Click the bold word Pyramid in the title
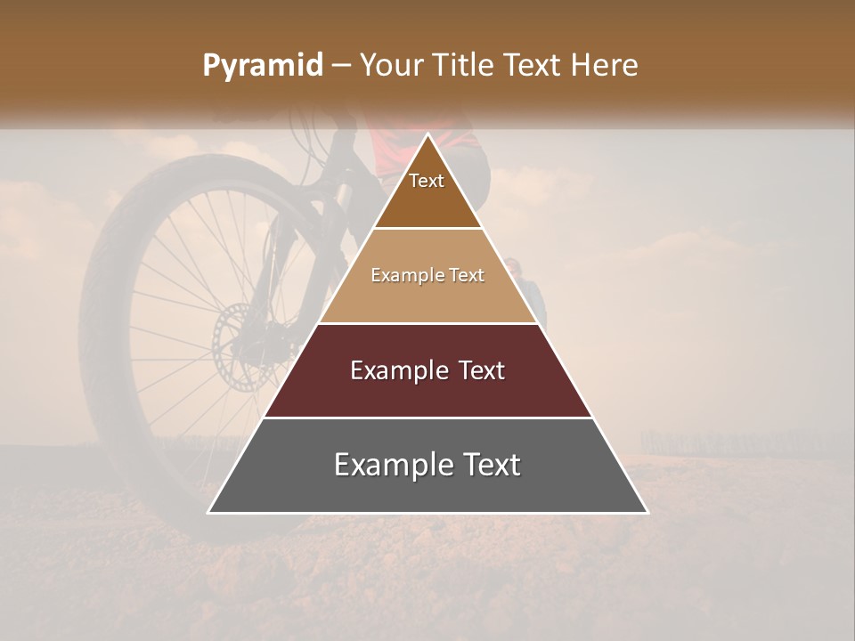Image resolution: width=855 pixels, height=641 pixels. click(x=262, y=66)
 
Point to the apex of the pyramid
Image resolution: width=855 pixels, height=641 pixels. click(x=428, y=136)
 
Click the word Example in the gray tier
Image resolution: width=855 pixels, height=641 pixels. click(x=385, y=465)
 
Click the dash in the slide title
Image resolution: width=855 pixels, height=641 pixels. click(x=340, y=66)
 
